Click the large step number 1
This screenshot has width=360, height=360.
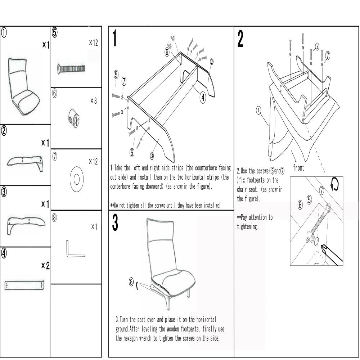coord(114,39)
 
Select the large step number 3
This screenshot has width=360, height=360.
coord(114,224)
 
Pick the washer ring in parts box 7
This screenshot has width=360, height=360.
coord(76,179)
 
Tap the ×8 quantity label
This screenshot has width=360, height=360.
coord(93,101)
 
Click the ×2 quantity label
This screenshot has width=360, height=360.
coord(45,266)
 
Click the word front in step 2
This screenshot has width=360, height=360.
coord(298,167)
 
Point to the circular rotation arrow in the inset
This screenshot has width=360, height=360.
coord(335,185)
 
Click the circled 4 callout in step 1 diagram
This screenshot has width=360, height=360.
coord(203,97)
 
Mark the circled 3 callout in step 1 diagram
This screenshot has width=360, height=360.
coord(152,156)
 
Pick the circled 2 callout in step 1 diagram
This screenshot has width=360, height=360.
coord(211,61)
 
